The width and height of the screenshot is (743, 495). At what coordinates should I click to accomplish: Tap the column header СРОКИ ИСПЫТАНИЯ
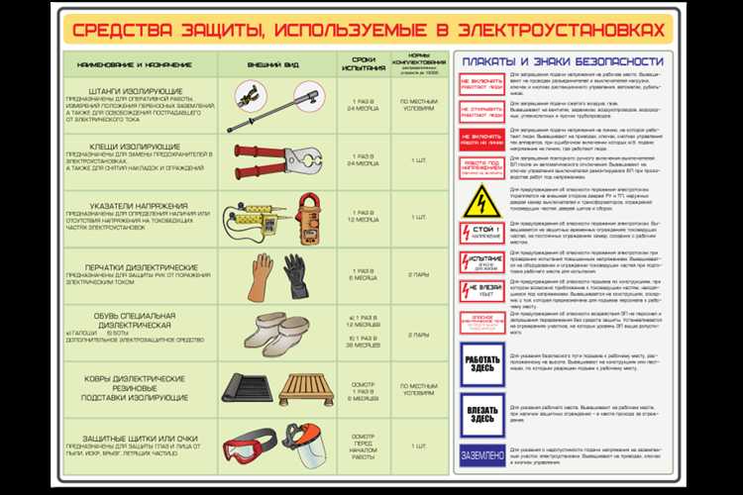[362, 62]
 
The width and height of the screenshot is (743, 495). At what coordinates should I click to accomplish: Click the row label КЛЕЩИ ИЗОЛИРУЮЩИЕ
[109, 145]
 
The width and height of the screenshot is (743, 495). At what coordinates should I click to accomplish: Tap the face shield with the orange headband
[308, 447]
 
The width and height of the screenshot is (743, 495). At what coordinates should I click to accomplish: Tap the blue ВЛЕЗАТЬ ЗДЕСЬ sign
[481, 412]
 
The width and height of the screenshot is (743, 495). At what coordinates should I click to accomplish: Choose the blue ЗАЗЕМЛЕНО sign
[481, 453]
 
